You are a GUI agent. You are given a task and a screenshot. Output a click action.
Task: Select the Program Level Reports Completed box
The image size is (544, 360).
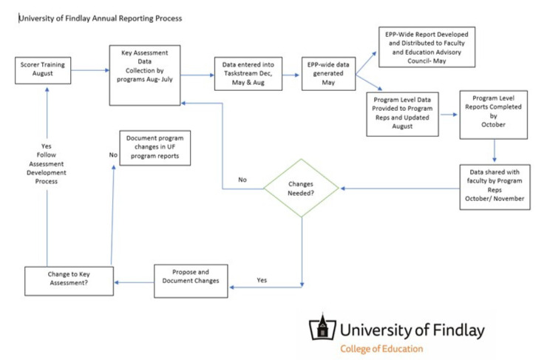[494, 115]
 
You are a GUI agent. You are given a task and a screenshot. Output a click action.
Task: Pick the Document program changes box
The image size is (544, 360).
[154, 148]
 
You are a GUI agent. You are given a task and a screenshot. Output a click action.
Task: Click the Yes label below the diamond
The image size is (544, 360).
[262, 280]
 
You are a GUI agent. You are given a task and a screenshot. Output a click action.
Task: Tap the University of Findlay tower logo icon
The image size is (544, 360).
[321, 327]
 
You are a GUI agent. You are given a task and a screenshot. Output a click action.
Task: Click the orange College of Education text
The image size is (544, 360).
[381, 348]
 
